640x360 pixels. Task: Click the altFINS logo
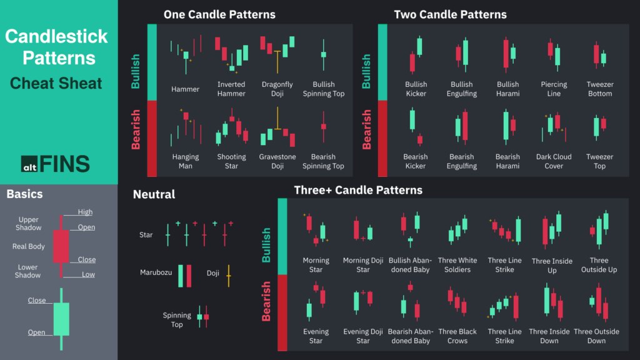[56, 164]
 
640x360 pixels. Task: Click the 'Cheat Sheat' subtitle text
[56, 83]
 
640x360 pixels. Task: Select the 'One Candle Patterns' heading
[219, 14]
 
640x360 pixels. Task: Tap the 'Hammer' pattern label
[185, 89]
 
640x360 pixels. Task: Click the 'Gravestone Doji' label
[277, 161]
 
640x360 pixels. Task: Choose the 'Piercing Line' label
[554, 89]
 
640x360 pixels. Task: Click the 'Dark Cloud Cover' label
[554, 161]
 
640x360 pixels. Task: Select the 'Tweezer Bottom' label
[599, 89]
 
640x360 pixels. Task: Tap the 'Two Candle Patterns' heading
[450, 14]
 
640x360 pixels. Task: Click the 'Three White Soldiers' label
[457, 265]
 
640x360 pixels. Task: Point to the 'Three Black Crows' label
[457, 336]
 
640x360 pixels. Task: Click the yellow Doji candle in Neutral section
[229, 275]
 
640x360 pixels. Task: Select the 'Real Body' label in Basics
[29, 247]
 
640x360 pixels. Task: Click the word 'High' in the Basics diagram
[86, 212]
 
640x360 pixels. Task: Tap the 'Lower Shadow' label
[29, 271]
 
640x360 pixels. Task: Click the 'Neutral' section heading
[154, 195]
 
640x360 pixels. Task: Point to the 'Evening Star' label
[316, 336]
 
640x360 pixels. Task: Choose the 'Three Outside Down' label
[596, 336]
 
